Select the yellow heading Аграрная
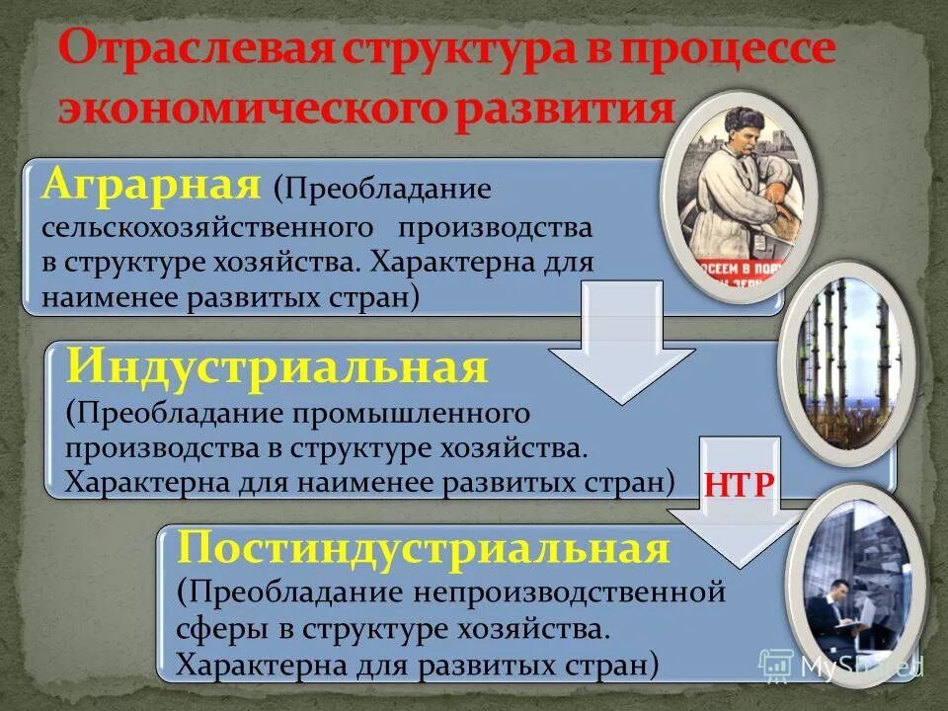click(152, 184)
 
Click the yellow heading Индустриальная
click(276, 368)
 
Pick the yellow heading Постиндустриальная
click(424, 548)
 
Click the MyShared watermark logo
click(840, 665)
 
